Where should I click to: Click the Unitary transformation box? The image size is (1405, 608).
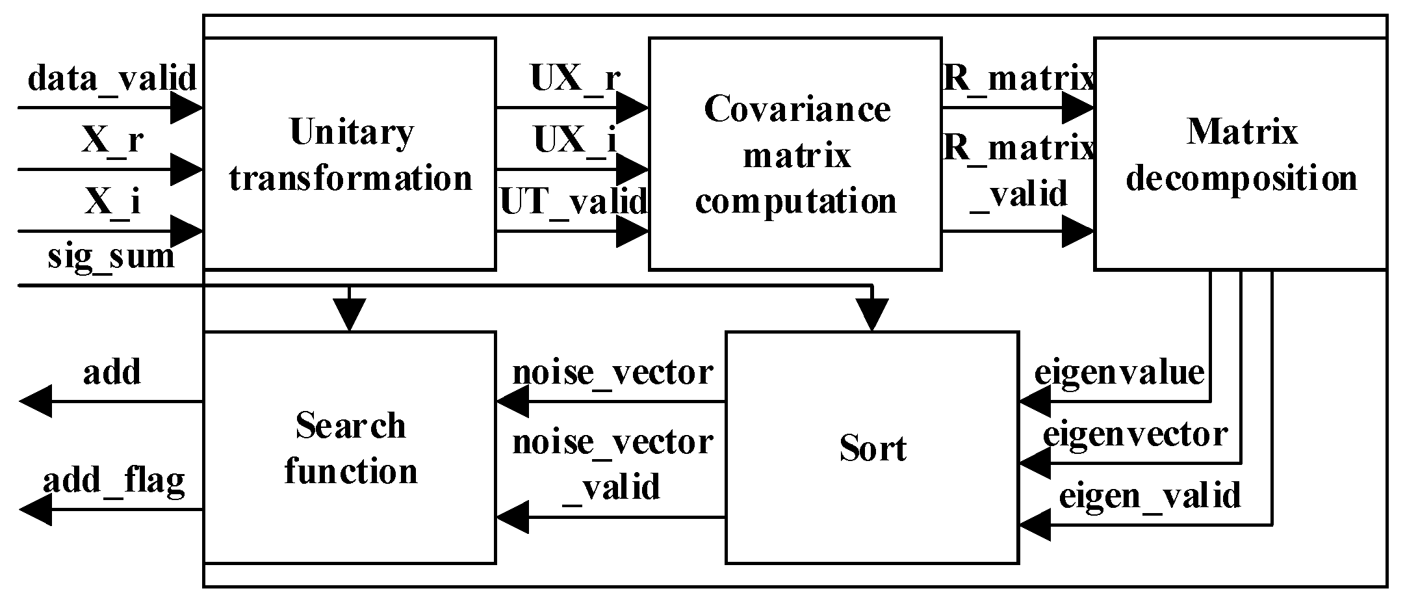pyautogui.click(x=350, y=153)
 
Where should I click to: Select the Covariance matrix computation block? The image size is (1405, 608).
pyautogui.click(x=795, y=153)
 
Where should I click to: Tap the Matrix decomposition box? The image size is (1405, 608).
pyautogui.click(x=1241, y=153)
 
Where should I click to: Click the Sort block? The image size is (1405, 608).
pyautogui.click(x=872, y=447)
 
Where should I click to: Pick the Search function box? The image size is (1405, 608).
pyautogui.click(x=350, y=447)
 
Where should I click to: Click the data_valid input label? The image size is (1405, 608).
pyautogui.click(x=112, y=79)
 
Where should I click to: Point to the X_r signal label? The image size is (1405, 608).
pyautogui.click(x=112, y=139)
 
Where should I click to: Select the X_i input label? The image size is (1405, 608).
pyautogui.click(x=112, y=202)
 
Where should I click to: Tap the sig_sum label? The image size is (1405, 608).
pyautogui.click(x=112, y=256)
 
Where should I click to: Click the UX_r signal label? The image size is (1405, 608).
pyautogui.click(x=574, y=79)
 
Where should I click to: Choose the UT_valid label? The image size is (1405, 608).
pyautogui.click(x=574, y=202)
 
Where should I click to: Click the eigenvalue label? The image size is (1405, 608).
pyautogui.click(x=1119, y=373)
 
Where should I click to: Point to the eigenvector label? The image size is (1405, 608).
pyautogui.click(x=1135, y=434)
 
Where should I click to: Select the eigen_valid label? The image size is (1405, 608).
pyautogui.click(x=1150, y=496)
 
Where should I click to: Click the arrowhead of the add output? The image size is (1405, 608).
pyautogui.click(x=36, y=401)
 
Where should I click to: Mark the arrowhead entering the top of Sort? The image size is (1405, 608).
pyautogui.click(x=872, y=315)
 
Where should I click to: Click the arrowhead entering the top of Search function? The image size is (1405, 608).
pyautogui.click(x=350, y=315)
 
